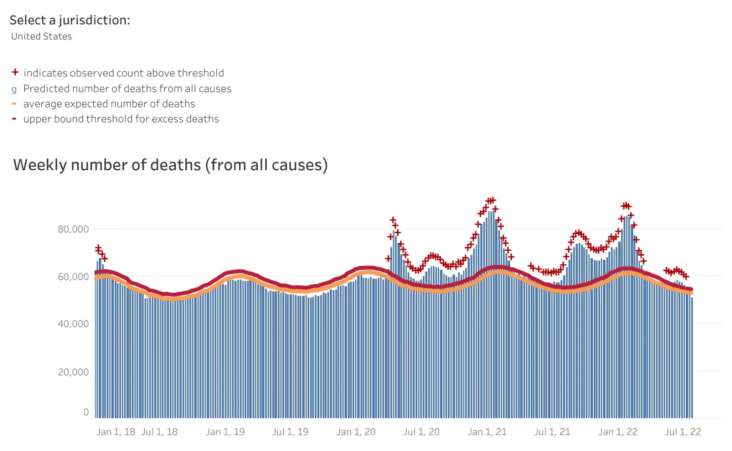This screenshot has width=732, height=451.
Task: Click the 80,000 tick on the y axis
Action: click(x=73, y=229)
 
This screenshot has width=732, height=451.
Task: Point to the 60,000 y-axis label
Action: click(x=73, y=277)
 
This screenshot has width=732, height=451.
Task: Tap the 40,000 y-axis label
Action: click(x=73, y=324)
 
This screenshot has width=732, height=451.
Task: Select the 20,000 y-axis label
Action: click(x=73, y=372)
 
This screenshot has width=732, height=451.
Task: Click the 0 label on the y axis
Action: click(x=86, y=412)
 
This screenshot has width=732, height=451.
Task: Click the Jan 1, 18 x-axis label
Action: click(x=115, y=432)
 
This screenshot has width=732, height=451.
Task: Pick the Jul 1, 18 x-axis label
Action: click(x=159, y=432)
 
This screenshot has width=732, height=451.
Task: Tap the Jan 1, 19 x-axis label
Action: click(x=225, y=432)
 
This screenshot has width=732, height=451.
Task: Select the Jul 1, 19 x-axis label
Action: click(x=290, y=432)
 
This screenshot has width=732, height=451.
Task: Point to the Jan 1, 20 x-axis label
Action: click(x=356, y=432)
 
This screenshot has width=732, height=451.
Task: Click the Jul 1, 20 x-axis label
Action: click(x=421, y=432)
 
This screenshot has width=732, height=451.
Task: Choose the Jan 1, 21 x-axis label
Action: click(x=487, y=432)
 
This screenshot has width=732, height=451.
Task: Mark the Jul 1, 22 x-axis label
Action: click(x=683, y=432)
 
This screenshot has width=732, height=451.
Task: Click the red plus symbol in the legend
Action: click(x=15, y=72)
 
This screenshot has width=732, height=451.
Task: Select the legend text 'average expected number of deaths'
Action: click(x=109, y=104)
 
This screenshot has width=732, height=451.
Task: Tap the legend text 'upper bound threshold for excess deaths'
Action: click(x=121, y=119)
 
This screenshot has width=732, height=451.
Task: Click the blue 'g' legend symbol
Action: click(x=14, y=89)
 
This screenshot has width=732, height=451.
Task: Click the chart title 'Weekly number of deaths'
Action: click(x=170, y=165)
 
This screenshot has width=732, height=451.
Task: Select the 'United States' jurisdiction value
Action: click(x=42, y=37)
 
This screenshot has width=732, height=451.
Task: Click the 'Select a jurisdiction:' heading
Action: click(x=70, y=20)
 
